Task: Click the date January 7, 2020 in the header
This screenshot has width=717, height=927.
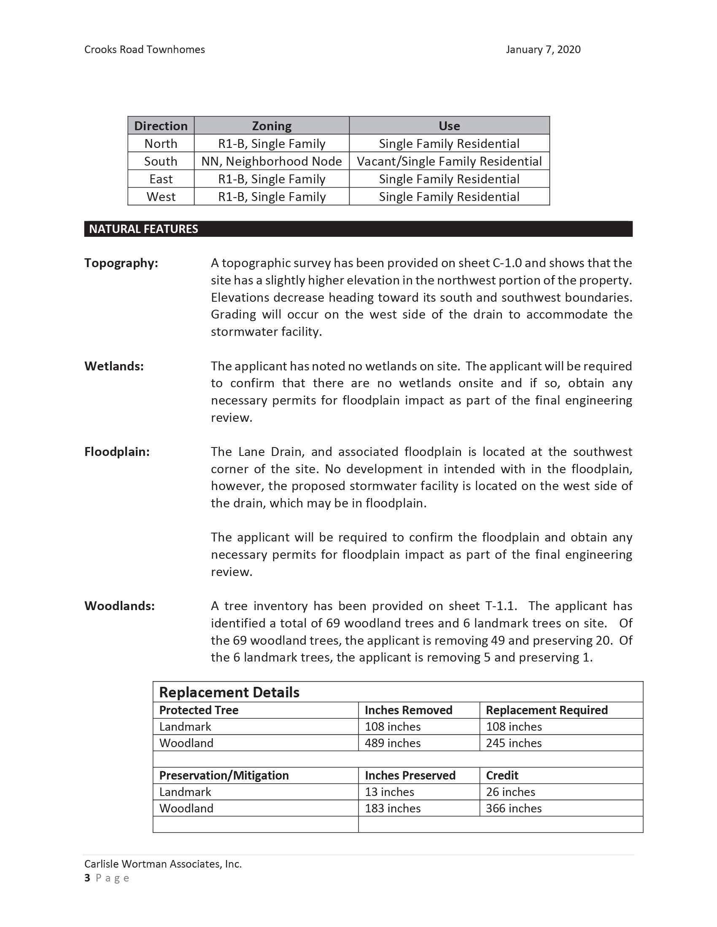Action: click(543, 50)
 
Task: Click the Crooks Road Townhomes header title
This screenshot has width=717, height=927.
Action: click(144, 50)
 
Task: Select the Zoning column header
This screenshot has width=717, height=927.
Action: click(272, 126)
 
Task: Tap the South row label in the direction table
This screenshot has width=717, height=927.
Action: click(161, 161)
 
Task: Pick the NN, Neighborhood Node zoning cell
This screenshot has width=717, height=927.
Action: click(272, 161)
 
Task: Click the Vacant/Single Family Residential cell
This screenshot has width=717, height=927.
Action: click(449, 161)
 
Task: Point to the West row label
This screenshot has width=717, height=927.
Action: click(161, 197)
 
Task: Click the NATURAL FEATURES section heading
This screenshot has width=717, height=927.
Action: click(143, 229)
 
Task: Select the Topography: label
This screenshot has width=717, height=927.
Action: click(121, 263)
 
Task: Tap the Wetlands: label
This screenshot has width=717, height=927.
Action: click(114, 366)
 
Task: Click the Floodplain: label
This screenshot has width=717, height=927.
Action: click(117, 452)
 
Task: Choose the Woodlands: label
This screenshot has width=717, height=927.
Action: click(119, 606)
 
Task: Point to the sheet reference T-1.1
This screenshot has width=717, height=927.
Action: click(501, 606)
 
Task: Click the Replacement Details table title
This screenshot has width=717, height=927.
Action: click(229, 693)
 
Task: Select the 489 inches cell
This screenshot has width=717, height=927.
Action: click(393, 743)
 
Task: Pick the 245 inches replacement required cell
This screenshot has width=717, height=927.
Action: click(514, 743)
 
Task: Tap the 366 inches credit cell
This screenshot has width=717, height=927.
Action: click(514, 809)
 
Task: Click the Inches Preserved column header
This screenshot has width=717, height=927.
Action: click(410, 776)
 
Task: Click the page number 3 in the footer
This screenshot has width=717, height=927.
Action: click(87, 878)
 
